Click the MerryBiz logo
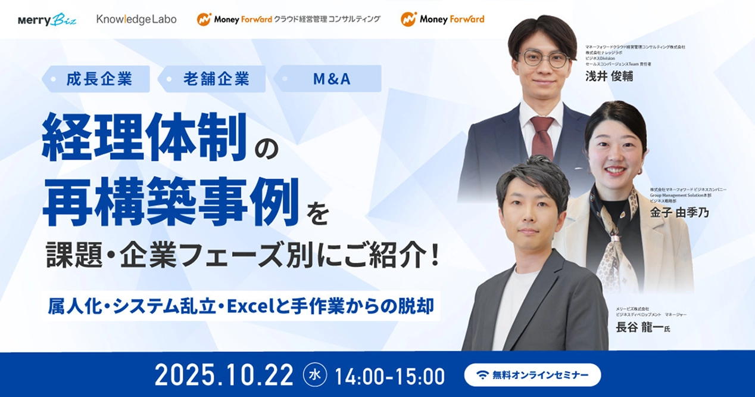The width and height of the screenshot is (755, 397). coord(48,19)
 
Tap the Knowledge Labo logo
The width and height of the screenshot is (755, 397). coord(136,19)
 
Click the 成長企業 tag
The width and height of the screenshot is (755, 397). coord(99,79)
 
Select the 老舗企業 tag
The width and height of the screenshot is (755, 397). coord(216,79)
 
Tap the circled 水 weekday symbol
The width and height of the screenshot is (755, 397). coord(315,375)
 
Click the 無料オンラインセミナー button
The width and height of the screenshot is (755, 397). coord(533,375)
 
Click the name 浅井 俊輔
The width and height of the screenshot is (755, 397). coord(609,77)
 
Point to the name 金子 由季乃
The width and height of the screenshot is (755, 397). coord(679,212)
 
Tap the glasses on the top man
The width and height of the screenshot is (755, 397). coord(544,58)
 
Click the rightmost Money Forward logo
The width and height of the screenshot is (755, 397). coord(442,19)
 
